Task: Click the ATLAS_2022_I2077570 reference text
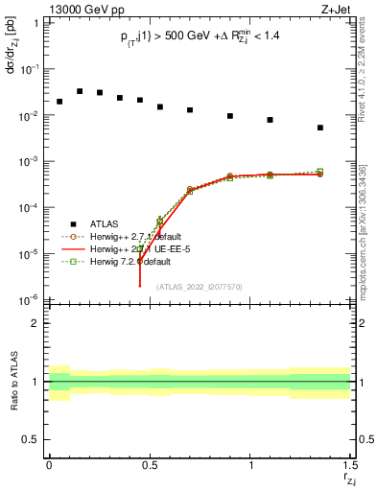pyautogui.click(x=198, y=286)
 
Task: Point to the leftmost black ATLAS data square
pyautogui.click(x=59, y=102)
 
